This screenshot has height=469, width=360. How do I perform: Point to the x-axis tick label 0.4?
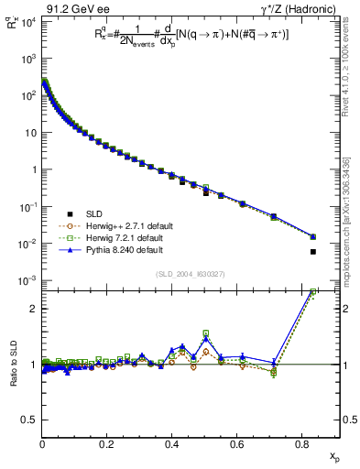171,444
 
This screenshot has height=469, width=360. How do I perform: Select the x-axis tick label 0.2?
107,444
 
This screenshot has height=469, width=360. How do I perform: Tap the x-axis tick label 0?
42,444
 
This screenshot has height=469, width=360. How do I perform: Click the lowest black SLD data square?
313,252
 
